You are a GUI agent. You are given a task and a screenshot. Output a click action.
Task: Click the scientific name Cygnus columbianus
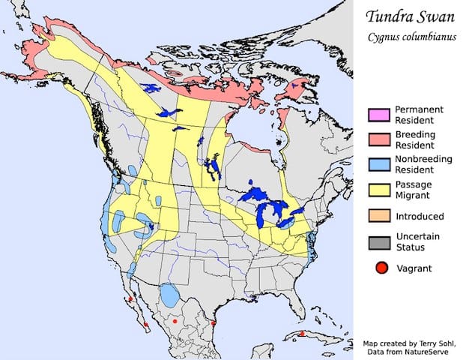tap(411, 38)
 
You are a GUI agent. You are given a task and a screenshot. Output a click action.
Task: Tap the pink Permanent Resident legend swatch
tap(378, 114)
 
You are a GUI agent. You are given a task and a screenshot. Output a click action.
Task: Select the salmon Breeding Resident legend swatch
tap(378, 139)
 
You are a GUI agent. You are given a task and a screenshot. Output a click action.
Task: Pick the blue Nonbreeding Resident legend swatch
tap(378, 164)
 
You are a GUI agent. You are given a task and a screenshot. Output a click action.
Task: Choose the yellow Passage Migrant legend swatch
tap(378, 190)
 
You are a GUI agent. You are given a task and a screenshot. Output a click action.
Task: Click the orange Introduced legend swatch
tap(378, 216)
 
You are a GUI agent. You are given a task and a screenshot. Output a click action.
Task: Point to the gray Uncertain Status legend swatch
tap(378, 242)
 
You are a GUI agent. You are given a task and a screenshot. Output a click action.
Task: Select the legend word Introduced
tap(420, 216)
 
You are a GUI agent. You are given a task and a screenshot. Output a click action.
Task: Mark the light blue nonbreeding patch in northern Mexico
tap(170, 294)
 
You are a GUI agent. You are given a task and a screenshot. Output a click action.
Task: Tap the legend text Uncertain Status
tap(416, 242)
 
